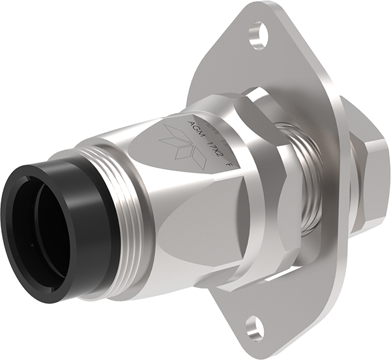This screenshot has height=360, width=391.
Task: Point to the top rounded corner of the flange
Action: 261,10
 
